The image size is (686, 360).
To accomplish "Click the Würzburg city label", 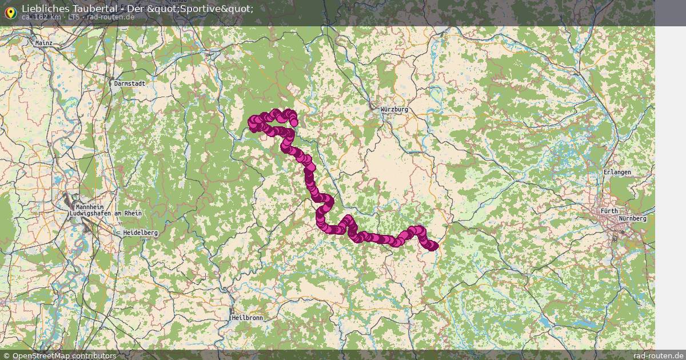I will pos(395,109).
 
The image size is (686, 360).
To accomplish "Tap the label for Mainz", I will pos(44,43).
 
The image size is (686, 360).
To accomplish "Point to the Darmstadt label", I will pos(130,83).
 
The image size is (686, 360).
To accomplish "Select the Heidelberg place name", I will pos(141,233).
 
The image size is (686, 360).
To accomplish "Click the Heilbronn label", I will pos(247,317).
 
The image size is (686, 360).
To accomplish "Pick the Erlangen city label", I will pos(617,172).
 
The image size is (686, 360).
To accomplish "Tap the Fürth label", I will pos(609,211).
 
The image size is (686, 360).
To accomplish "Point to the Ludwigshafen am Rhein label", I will pos(105,213).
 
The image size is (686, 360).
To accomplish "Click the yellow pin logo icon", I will pos(10,11).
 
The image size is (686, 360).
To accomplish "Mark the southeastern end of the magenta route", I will pos(433,246).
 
